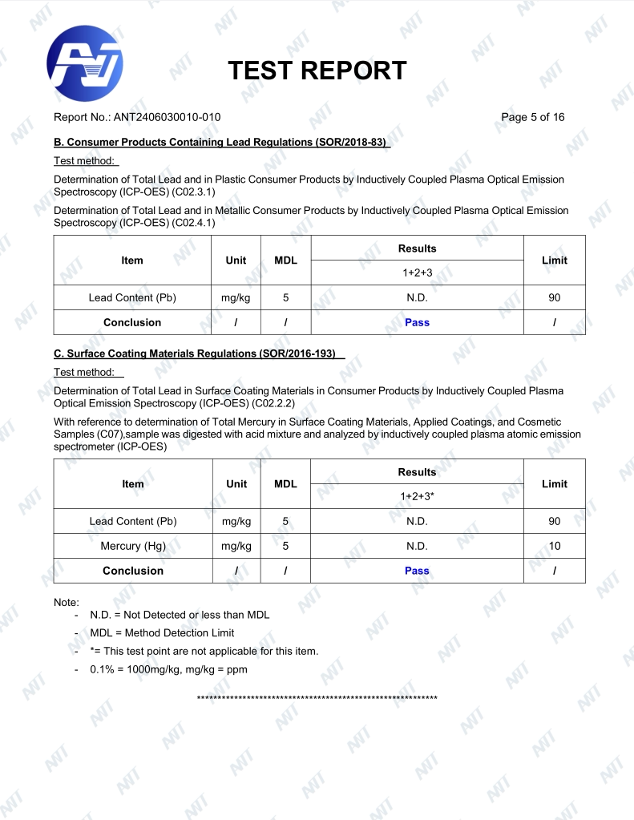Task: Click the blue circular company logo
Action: click(x=85, y=63)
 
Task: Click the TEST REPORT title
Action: click(x=317, y=71)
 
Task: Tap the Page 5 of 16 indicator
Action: click(x=532, y=117)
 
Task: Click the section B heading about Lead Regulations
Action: click(x=221, y=143)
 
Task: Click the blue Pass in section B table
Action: click(x=417, y=322)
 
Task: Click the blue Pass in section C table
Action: click(x=417, y=571)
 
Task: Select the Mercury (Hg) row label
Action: click(x=133, y=546)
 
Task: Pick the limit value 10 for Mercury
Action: click(x=554, y=546)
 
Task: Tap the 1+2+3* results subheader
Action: click(x=417, y=496)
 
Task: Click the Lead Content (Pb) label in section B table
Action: click(x=133, y=297)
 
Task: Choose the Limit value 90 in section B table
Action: click(x=554, y=297)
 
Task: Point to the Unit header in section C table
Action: click(x=236, y=483)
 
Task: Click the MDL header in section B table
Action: click(x=285, y=260)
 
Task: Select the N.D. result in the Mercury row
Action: click(x=417, y=546)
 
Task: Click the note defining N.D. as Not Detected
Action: click(x=180, y=615)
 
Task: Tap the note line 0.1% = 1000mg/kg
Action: click(x=168, y=669)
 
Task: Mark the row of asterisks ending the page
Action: click(x=317, y=698)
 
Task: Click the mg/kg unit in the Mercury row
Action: click(x=236, y=546)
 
